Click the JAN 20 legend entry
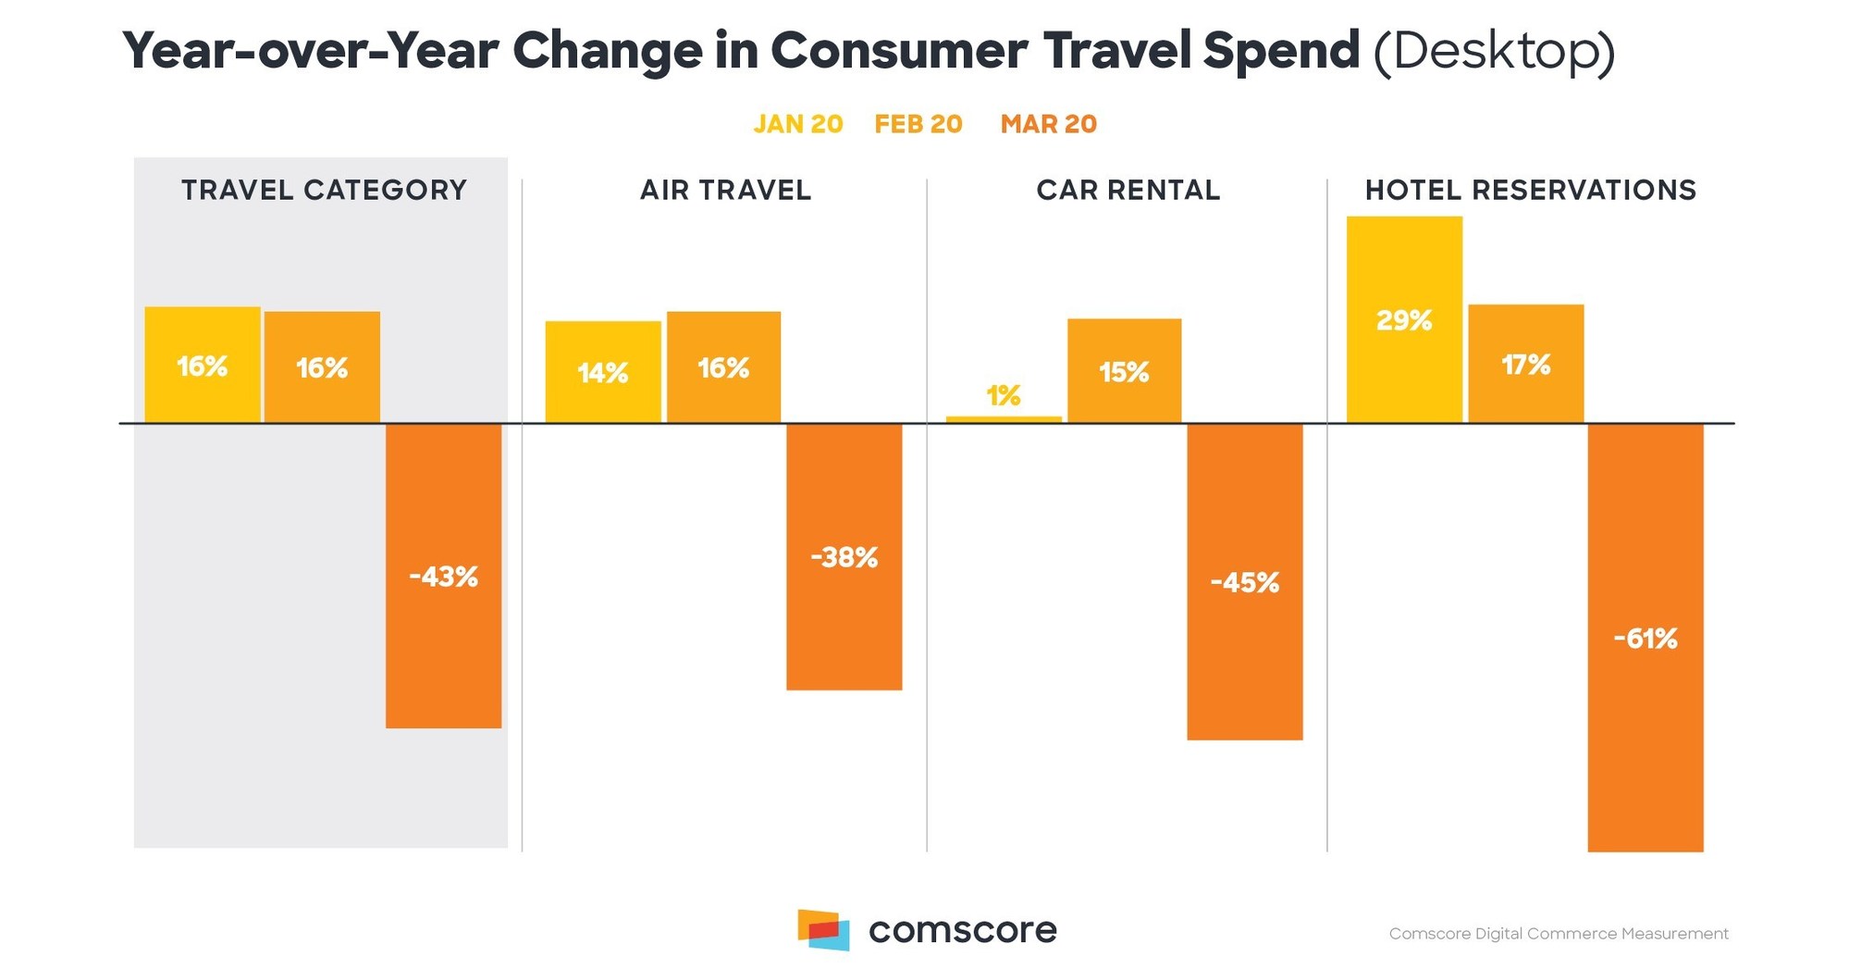click(797, 124)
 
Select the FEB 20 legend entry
click(918, 124)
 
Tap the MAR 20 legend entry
click(1048, 124)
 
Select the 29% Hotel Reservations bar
click(1403, 319)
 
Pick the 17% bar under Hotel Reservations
click(1525, 364)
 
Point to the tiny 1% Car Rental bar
click(1003, 419)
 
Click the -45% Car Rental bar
click(1244, 581)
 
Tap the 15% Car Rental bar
click(1124, 371)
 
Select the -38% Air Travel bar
click(844, 556)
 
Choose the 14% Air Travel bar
click(602, 372)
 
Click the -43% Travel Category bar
click(443, 576)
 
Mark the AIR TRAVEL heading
click(725, 190)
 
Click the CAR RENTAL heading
click(1128, 190)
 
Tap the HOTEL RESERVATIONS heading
click(1530, 190)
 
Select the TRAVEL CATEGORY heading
click(324, 190)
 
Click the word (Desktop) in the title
click(1493, 51)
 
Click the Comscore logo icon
click(823, 929)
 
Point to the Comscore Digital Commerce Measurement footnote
click(1558, 934)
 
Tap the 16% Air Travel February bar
click(723, 367)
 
